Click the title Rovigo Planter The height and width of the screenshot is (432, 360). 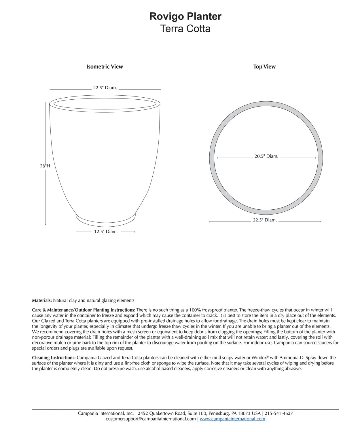point(185,16)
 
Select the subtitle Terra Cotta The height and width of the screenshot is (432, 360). point(185,29)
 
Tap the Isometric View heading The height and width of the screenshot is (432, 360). point(105,67)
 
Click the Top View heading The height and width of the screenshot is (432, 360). point(264,67)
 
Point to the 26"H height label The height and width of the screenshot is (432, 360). point(45,166)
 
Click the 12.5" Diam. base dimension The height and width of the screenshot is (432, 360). point(106,232)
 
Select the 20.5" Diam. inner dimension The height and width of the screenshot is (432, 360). point(266,156)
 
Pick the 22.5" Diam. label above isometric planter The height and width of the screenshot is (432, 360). point(105,88)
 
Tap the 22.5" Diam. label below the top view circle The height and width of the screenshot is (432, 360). point(265,220)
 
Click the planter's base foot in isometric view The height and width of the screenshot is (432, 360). point(105,219)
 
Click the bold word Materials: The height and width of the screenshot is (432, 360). point(42,300)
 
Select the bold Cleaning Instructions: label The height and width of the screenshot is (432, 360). point(54,358)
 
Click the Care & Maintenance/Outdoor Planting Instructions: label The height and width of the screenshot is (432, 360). point(84,310)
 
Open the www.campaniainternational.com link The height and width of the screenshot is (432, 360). point(232,419)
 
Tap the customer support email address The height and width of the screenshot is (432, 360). point(151,419)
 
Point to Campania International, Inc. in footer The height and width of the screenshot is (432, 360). point(106,413)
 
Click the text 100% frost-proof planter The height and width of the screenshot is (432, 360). point(213,310)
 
